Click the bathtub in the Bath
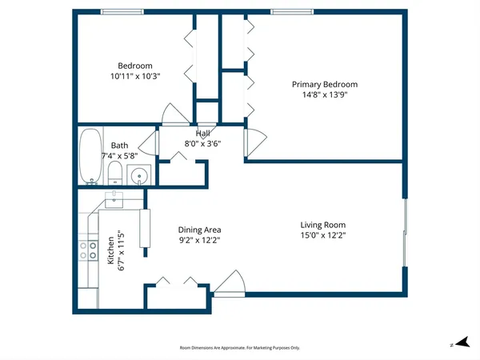(89, 157)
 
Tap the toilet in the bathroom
(114, 174)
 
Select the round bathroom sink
(140, 174)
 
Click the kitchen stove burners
(86, 253)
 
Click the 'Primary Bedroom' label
(324, 84)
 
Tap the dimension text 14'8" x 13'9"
(324, 94)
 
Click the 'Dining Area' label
(199, 230)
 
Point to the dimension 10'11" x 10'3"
(135, 75)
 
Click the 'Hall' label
(203, 134)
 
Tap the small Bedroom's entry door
(171, 114)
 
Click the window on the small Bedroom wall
(122, 11)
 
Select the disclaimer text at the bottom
(239, 348)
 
